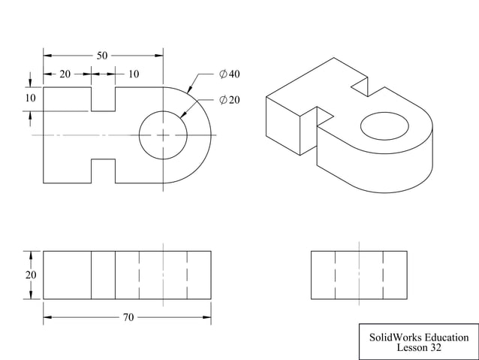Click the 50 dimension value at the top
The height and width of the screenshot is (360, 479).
[x=102, y=56]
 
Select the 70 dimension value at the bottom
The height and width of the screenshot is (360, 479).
[x=128, y=318]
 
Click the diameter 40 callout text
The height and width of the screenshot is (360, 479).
[x=229, y=74]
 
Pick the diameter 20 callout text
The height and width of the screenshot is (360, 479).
[x=229, y=100]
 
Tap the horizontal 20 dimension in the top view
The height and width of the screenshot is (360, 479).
[x=66, y=74]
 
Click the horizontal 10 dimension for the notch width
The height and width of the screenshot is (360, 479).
[x=133, y=74]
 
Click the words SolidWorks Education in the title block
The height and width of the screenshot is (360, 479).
[x=419, y=337]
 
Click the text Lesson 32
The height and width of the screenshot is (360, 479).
[x=419, y=348]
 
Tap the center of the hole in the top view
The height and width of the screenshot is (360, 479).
[x=163, y=135]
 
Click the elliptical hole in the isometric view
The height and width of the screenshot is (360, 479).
[x=384, y=127]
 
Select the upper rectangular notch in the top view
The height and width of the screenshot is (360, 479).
[x=103, y=98]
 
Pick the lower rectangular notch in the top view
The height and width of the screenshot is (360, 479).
[x=103, y=171]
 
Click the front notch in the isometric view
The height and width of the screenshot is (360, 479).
[x=324, y=116]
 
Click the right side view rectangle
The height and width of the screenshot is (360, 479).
[x=358, y=275]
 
